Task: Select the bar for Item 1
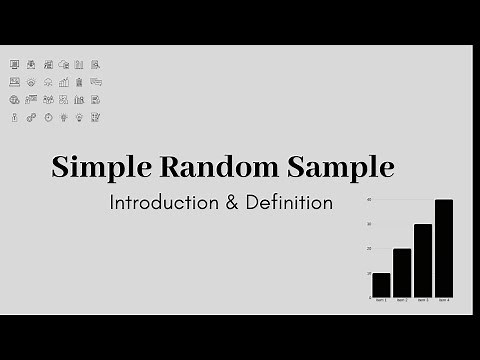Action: pyautogui.click(x=381, y=285)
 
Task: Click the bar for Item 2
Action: pyautogui.click(x=402, y=273)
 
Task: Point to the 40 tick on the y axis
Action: pyautogui.click(x=368, y=200)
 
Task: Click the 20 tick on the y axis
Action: pyautogui.click(x=368, y=249)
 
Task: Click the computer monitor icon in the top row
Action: pyautogui.click(x=14, y=64)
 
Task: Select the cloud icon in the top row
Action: pyautogui.click(x=63, y=64)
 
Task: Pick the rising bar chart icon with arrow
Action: pyautogui.click(x=63, y=82)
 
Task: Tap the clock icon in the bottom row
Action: pyautogui.click(x=47, y=117)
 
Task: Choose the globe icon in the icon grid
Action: pyautogui.click(x=14, y=99)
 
